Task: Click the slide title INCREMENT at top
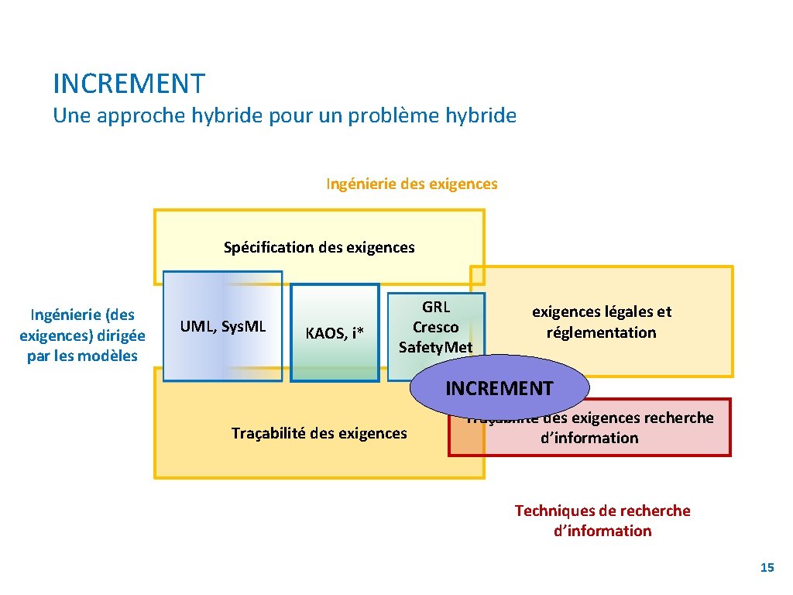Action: [129, 83]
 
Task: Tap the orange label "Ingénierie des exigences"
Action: [411, 184]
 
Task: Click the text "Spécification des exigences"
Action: [319, 248]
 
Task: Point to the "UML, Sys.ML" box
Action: [223, 327]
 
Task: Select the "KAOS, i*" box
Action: [335, 334]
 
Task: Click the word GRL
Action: [435, 307]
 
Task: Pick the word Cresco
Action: [435, 327]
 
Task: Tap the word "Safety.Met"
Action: [435, 347]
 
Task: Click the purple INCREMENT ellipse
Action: [499, 388]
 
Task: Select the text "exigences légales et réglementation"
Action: [601, 322]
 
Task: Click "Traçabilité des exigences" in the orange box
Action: [318, 433]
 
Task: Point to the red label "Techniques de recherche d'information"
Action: [602, 521]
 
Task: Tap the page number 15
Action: [767, 568]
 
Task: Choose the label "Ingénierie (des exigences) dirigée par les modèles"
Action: [82, 335]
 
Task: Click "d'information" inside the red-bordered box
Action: [589, 438]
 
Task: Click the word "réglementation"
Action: [601, 332]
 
